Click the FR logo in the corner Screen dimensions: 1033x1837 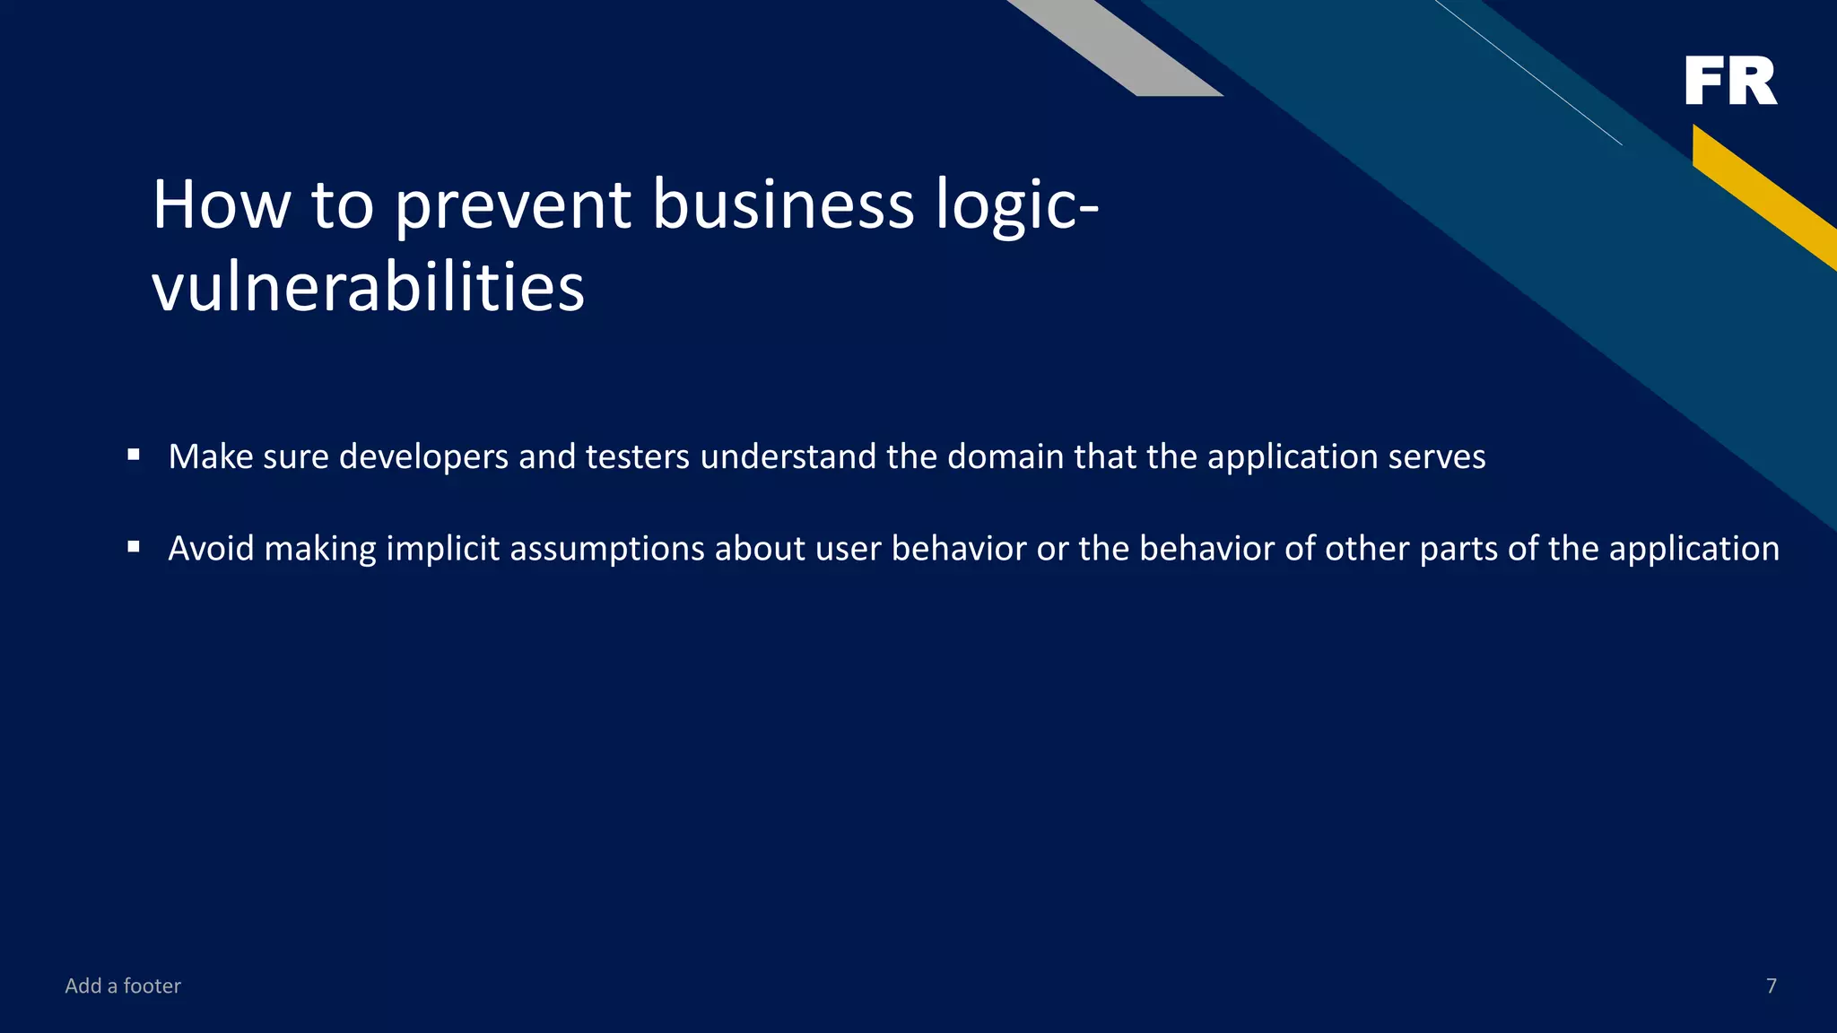point(1730,81)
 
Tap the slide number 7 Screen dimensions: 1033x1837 point(1771,985)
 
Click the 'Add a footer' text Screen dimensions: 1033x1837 point(123,985)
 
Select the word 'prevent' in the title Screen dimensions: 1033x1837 point(512,205)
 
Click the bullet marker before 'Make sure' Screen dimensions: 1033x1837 point(134,455)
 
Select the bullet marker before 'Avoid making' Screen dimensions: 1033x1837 point(134,546)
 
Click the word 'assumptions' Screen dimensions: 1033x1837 point(607,549)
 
